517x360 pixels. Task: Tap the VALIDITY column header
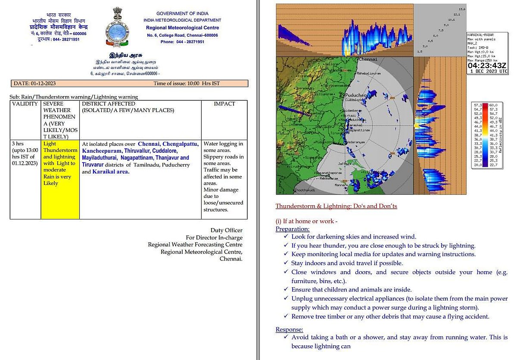(25, 104)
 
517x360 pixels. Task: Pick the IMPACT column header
(224, 104)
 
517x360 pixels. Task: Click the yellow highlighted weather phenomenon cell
(60, 163)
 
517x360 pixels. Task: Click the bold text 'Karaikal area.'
(111, 172)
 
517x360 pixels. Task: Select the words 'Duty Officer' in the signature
(226, 230)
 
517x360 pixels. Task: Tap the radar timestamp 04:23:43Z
(487, 66)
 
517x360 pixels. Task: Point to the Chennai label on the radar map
(368, 59)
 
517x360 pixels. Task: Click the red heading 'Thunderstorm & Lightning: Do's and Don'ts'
(336, 206)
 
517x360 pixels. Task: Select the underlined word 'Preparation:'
(293, 229)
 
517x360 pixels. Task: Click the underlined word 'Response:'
(290, 330)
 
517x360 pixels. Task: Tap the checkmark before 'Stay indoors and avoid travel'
(287, 263)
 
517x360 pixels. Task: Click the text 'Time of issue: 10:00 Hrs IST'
(187, 83)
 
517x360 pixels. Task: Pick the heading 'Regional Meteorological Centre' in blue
(183, 28)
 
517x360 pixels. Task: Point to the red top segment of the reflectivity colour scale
(485, 105)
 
